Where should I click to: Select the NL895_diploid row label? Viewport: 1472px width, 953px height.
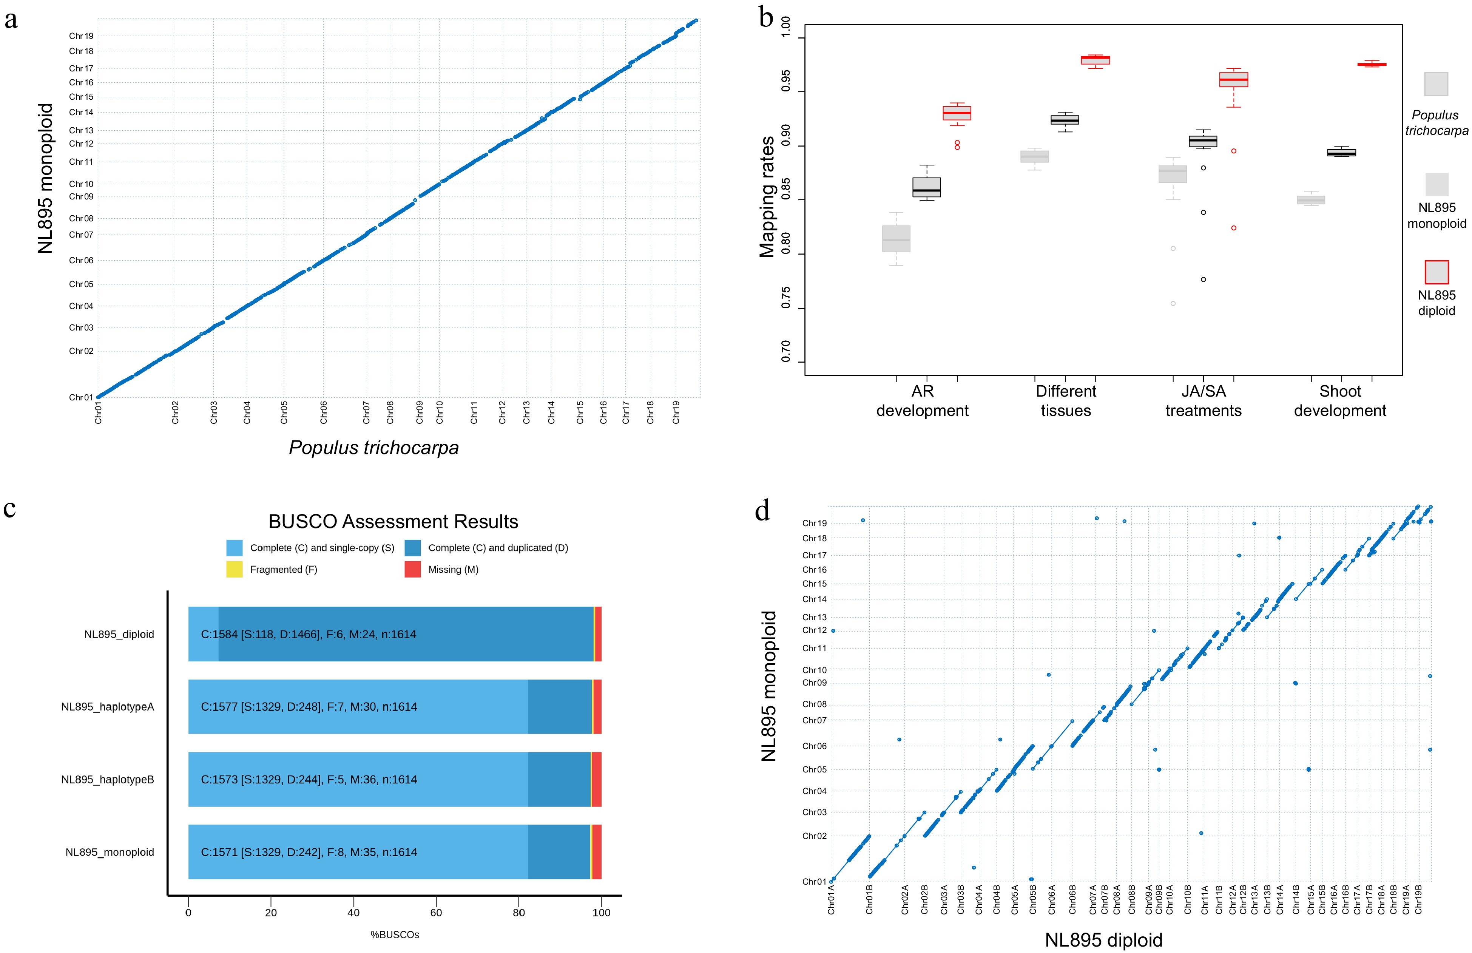tap(119, 634)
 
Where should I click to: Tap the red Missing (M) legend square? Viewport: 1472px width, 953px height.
tap(412, 569)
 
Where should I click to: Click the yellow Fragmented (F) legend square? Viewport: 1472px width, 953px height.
tap(235, 569)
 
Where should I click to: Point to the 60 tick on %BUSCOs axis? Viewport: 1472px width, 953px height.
tap(436, 912)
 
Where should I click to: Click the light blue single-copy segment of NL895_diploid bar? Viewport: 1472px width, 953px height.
tap(203, 634)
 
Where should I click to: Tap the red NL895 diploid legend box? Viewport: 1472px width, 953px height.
tap(1436, 272)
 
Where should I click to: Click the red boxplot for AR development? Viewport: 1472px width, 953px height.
tap(957, 113)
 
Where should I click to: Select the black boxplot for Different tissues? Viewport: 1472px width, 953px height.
tap(1065, 120)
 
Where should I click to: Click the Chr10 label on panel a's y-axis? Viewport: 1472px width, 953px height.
tap(81, 184)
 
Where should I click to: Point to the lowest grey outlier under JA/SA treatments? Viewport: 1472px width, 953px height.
tap(1173, 304)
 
